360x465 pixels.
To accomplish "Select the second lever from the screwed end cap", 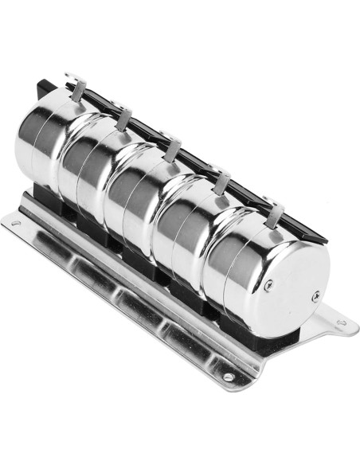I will (x=224, y=182).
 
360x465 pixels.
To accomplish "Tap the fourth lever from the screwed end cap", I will (x=123, y=119).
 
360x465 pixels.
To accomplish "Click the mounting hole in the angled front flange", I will (x=228, y=377).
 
